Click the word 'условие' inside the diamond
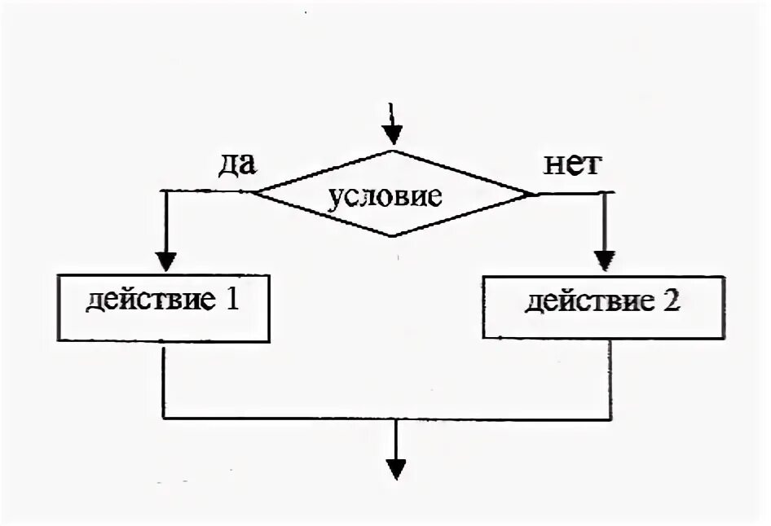coord(385,197)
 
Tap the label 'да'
coord(236,164)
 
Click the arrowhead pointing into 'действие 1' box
coord(165,261)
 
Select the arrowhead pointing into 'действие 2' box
coord(605,260)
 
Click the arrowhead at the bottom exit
coord(396,470)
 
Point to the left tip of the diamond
coord(253,193)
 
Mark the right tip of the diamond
coord(534,194)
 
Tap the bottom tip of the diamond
coord(394,236)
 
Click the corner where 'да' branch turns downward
coord(165,191)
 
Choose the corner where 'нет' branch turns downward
coord(606,193)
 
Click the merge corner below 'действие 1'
coord(165,419)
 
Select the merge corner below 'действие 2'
coord(610,419)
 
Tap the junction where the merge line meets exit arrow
coord(396,419)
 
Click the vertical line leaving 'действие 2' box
coord(610,379)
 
